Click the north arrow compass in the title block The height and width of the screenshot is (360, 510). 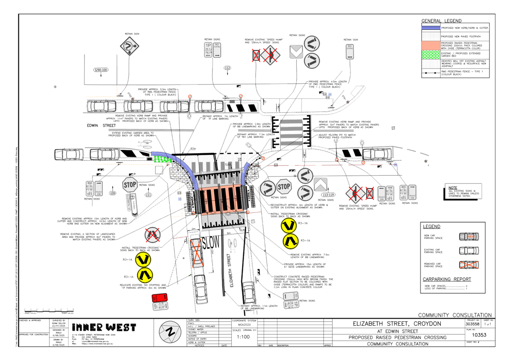(170, 331)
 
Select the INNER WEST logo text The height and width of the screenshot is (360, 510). (104, 328)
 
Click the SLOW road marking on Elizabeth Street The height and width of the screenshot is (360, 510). (210, 243)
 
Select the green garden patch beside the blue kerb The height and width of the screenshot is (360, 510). (162, 159)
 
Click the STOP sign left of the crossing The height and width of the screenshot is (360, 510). (129, 185)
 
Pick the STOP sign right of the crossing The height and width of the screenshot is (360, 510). (284, 186)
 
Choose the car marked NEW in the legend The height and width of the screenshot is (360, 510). (469, 236)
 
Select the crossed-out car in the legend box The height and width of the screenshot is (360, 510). (469, 265)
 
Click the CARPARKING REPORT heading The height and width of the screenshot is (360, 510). (447, 279)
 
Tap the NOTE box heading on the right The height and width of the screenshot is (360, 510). (453, 187)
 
